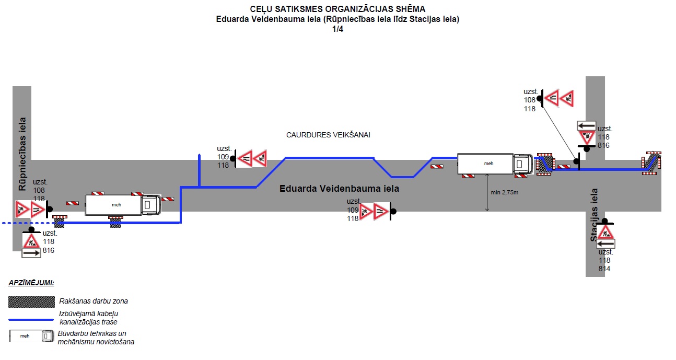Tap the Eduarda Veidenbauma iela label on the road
[x=339, y=188]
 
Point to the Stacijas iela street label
[x=595, y=215]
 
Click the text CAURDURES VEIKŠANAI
[x=328, y=135]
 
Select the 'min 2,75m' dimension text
[x=504, y=192]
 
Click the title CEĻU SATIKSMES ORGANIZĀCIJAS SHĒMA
[x=337, y=9]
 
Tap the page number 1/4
[x=337, y=29]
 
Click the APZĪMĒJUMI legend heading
[x=31, y=283]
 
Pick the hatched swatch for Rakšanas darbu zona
[x=31, y=301]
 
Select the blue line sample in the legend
[x=31, y=319]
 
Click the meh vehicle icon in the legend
[x=31, y=336]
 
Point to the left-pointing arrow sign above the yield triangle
[x=587, y=125]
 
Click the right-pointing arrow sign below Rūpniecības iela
[x=31, y=253]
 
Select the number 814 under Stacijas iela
[x=604, y=269]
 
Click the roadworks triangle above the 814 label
[x=605, y=232]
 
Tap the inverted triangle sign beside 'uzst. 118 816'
[x=587, y=138]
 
